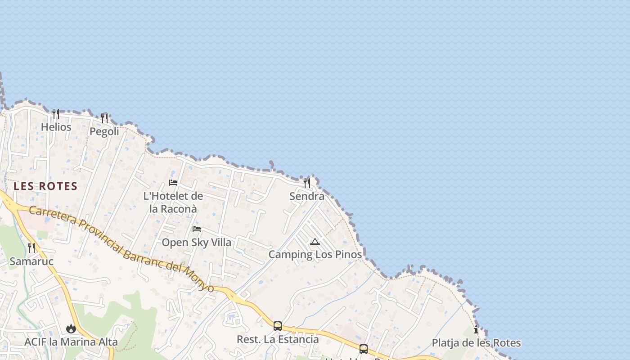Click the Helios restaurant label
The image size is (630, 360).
click(x=56, y=127)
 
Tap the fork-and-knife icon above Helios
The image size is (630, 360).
click(x=56, y=114)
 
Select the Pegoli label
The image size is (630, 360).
click(x=104, y=131)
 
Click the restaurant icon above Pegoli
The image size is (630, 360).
click(x=104, y=118)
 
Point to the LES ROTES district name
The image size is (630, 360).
click(x=45, y=186)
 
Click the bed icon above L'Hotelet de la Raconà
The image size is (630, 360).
click(x=173, y=183)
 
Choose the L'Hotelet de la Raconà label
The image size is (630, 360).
click(x=173, y=202)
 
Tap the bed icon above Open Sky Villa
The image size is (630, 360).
click(x=197, y=229)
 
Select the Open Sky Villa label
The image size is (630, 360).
click(x=197, y=243)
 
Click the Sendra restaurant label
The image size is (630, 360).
click(x=307, y=196)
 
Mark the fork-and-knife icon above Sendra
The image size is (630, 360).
click(x=307, y=183)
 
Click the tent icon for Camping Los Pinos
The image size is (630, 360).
click(x=315, y=242)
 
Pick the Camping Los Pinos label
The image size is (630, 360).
click(x=315, y=255)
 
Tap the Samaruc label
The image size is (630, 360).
click(x=31, y=261)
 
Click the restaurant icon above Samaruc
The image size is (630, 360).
click(x=31, y=248)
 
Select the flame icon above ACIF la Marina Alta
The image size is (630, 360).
click(x=71, y=329)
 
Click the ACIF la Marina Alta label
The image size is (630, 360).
click(x=71, y=342)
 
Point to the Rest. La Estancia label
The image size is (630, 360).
click(x=278, y=339)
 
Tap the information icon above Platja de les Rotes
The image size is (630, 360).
click(x=476, y=330)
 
